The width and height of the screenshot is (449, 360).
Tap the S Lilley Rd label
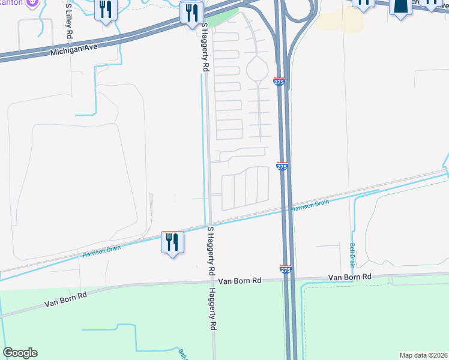tap(69, 21)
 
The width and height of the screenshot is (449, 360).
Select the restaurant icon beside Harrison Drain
tap(172, 242)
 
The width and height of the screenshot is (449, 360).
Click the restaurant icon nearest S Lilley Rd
tap(106, 10)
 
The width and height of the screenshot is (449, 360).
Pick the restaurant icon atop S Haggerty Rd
tap(191, 13)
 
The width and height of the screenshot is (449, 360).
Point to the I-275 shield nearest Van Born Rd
tap(286, 271)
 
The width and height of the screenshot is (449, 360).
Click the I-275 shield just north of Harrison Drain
tap(283, 165)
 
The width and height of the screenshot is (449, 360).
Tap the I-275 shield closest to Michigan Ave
tap(279, 81)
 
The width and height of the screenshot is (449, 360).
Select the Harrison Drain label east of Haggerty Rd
tap(310, 205)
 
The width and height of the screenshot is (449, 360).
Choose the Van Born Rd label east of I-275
tap(350, 277)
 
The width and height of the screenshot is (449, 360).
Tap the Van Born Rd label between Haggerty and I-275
tap(240, 280)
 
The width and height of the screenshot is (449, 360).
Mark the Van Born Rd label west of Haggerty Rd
tap(65, 299)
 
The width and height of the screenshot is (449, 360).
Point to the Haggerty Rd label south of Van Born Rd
tap(212, 310)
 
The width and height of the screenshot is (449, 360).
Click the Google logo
tap(20, 353)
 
